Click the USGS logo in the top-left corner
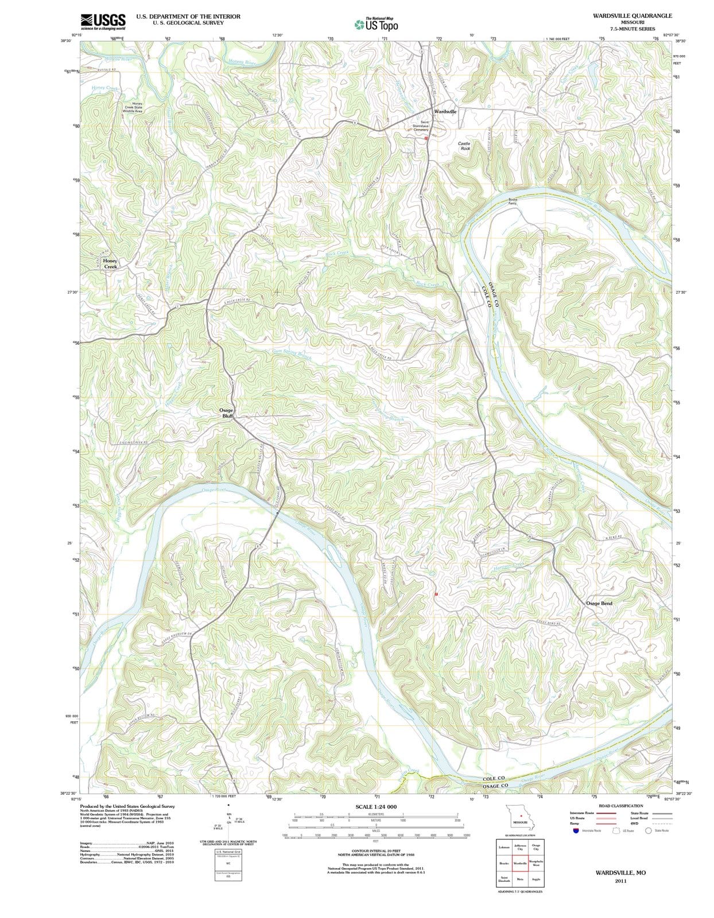click(103, 21)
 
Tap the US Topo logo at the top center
click(377, 25)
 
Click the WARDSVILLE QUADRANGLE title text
click(632, 15)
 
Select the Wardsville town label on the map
click(445, 111)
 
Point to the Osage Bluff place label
click(226, 413)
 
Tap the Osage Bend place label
click(599, 603)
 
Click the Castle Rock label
click(464, 146)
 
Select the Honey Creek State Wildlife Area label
click(133, 107)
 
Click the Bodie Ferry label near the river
click(513, 201)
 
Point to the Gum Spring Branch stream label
click(292, 353)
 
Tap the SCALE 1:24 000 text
click(376, 807)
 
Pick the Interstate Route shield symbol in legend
click(576, 830)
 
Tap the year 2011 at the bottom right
click(620, 881)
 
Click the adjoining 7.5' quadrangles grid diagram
click(520, 863)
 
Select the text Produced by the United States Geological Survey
click(127, 806)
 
